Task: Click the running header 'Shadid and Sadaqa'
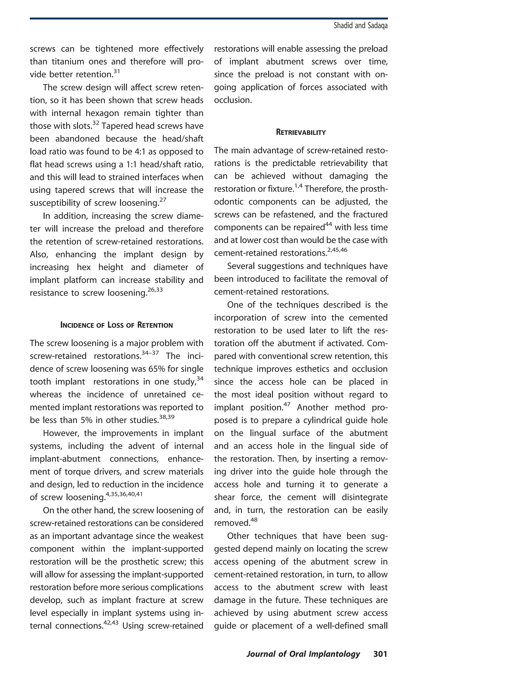(361, 26)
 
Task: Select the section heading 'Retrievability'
(301, 132)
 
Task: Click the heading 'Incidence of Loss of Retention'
(116, 325)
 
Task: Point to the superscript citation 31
(116, 72)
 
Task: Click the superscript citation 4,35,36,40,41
(124, 494)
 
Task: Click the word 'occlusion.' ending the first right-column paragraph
(233, 100)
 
